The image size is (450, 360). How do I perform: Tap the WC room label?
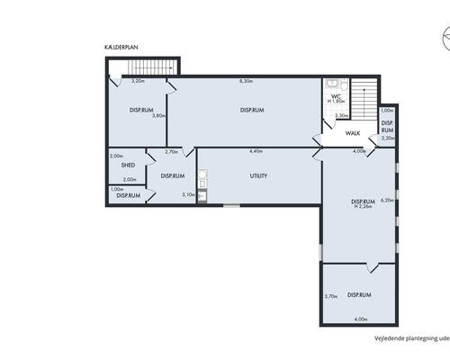tap(335, 96)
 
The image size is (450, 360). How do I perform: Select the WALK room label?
tap(353, 134)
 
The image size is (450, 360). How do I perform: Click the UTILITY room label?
tap(257, 175)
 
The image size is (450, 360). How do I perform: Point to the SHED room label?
tap(129, 166)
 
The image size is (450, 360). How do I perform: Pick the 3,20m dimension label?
tap(139, 82)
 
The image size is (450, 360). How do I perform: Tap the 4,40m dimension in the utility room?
tap(256, 151)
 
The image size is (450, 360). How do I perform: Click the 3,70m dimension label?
tap(330, 296)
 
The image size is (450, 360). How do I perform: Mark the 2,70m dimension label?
tap(171, 152)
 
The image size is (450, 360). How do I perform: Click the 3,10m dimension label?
tap(188, 194)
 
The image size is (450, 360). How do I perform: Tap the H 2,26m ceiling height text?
tap(363, 207)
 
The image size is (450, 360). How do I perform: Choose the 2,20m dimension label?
tap(388, 138)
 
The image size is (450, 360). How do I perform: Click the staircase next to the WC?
tap(361, 99)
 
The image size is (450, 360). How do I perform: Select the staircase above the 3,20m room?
tap(149, 68)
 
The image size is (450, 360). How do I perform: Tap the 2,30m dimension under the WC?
tap(341, 115)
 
